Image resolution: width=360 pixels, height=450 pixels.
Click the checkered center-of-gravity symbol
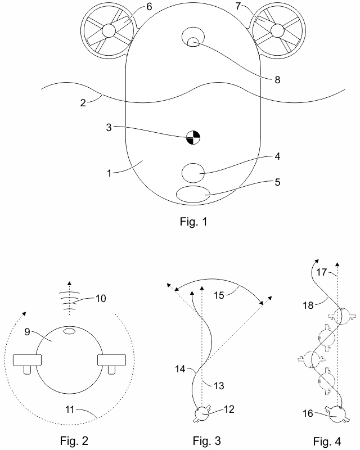[193, 137]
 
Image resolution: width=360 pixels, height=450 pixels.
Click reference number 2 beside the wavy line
[83, 103]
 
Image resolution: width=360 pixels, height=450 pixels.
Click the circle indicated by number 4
[193, 172]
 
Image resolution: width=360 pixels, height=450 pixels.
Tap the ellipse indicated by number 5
[193, 194]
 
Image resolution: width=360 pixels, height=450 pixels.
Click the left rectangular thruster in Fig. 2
[25, 359]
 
